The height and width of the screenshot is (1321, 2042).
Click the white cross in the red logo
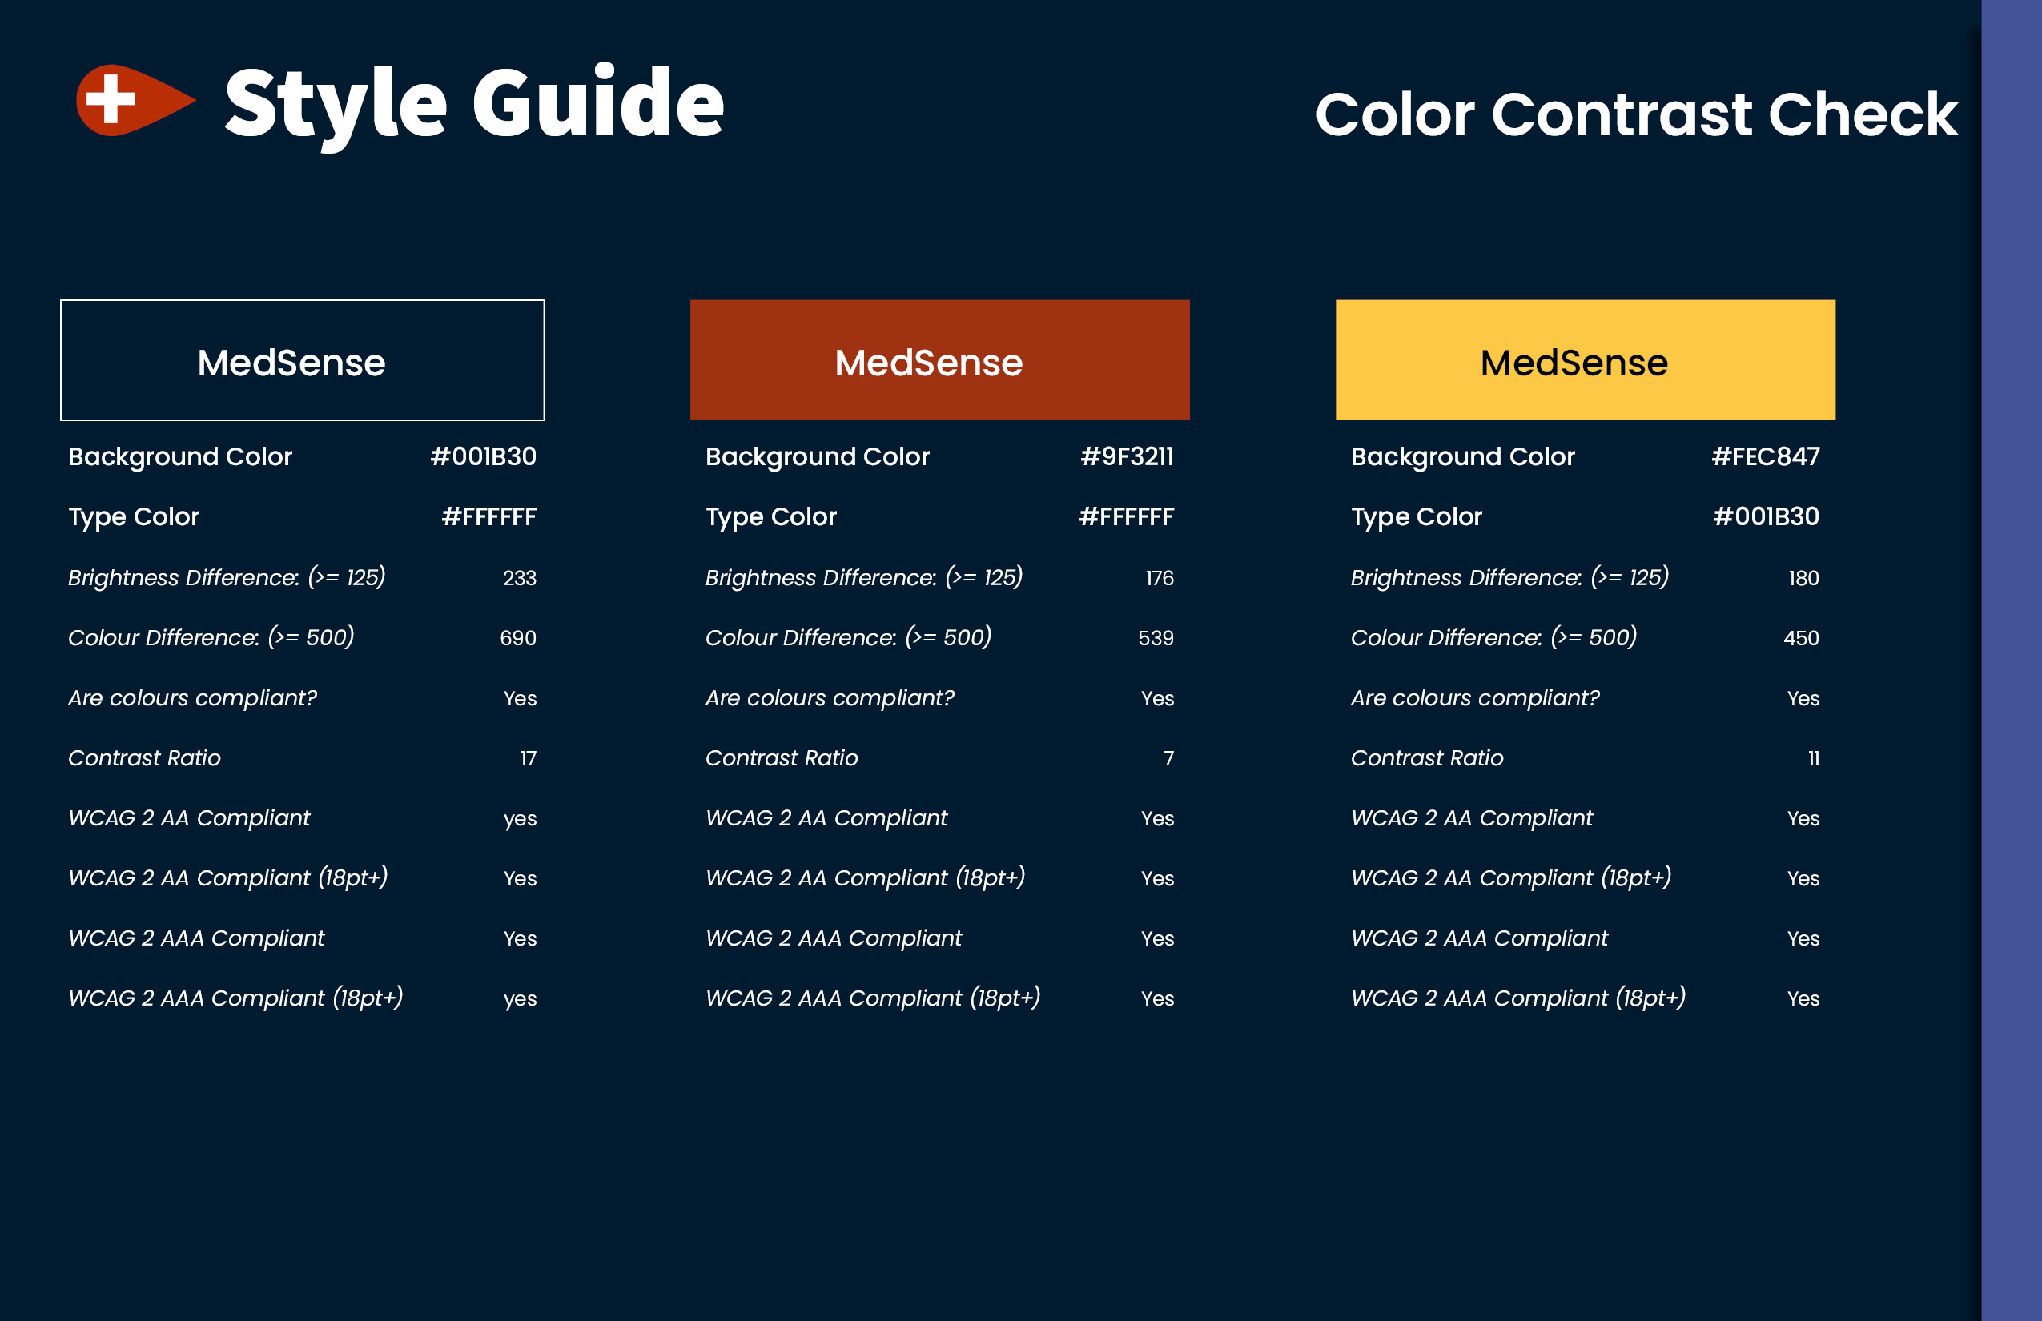(111, 98)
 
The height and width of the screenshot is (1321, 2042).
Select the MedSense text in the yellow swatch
(1574, 362)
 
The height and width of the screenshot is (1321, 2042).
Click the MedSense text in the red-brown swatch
(928, 362)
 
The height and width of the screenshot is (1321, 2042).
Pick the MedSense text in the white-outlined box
(291, 362)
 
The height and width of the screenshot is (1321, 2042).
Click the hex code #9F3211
(1127, 456)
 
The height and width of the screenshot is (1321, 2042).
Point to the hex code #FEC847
(1765, 456)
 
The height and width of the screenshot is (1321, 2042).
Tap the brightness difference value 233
(519, 578)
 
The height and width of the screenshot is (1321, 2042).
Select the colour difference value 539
(1156, 638)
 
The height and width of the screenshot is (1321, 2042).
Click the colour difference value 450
(1801, 638)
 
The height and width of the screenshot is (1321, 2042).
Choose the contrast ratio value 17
(528, 758)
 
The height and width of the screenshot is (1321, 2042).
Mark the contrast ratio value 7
(1168, 758)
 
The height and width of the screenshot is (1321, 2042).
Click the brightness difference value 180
(1803, 578)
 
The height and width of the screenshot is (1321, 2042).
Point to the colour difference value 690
(518, 638)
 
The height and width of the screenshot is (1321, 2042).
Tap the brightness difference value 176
(1160, 578)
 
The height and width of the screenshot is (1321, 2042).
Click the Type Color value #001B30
(1766, 516)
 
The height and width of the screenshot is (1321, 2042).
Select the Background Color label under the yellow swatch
(1463, 457)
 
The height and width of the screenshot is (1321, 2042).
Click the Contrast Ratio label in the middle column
(782, 758)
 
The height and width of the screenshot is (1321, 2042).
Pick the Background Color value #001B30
(483, 456)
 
